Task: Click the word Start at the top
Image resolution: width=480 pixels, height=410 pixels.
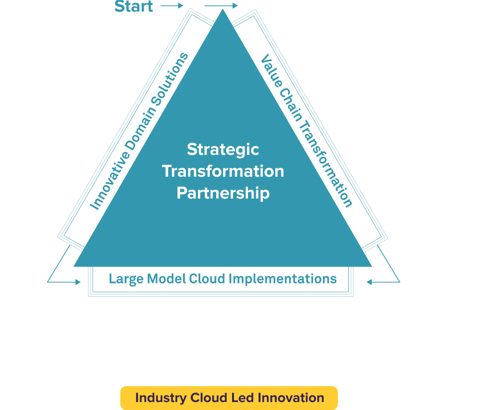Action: tap(134, 6)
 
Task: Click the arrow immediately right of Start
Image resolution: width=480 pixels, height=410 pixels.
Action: tap(172, 6)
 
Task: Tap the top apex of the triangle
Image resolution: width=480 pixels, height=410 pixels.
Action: tap(223, 11)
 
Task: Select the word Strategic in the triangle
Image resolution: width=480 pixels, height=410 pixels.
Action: tap(223, 149)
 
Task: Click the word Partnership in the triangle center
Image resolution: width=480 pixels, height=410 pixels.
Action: tap(223, 193)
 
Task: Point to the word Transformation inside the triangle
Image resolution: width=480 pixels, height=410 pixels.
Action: tap(223, 171)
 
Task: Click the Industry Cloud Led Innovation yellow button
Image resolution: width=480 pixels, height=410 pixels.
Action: tap(229, 398)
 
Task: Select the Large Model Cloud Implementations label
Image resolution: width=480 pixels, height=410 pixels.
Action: tap(223, 278)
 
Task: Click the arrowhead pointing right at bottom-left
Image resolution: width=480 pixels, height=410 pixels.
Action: tap(78, 282)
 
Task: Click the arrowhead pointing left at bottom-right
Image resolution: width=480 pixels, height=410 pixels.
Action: tap(369, 282)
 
